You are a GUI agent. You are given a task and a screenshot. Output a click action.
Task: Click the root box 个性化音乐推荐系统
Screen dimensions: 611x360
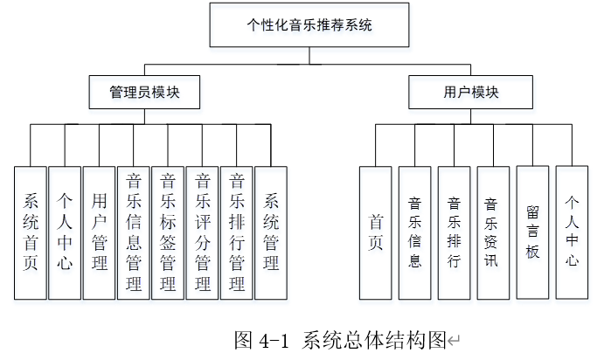pyautogui.click(x=309, y=25)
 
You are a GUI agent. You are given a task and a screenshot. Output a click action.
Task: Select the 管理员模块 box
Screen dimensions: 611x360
pyautogui.click(x=144, y=93)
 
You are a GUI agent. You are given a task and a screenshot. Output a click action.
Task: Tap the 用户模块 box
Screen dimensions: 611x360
pyautogui.click(x=471, y=93)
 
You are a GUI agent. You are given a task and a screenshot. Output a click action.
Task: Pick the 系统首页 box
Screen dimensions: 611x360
pyautogui.click(x=31, y=233)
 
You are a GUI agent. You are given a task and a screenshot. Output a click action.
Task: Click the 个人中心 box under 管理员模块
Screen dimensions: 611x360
pyautogui.click(x=65, y=233)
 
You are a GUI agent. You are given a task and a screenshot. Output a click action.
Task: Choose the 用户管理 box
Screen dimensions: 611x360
pyautogui.click(x=99, y=233)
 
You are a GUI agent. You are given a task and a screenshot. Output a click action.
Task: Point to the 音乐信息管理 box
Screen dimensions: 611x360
pyautogui.click(x=133, y=233)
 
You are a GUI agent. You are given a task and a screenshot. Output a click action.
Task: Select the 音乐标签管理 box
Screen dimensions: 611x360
pyautogui.click(x=168, y=233)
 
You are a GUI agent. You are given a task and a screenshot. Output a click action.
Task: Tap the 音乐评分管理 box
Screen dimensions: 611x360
pyautogui.click(x=202, y=233)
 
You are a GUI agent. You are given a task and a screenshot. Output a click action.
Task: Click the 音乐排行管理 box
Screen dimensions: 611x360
pyautogui.click(x=237, y=233)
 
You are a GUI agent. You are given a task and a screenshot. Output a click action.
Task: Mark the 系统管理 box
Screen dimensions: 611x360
pyautogui.click(x=271, y=233)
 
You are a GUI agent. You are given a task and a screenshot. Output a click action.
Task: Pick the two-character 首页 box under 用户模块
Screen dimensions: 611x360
pyautogui.click(x=376, y=233)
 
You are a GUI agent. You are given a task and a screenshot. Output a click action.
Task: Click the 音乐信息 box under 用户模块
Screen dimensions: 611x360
pyautogui.click(x=415, y=233)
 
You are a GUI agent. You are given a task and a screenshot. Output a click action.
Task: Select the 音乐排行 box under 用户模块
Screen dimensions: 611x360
pyautogui.click(x=455, y=233)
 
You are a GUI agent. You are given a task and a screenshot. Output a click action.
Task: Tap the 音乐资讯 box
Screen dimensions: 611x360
pyautogui.click(x=493, y=233)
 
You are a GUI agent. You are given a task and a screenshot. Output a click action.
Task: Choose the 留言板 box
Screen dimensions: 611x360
pyautogui.click(x=532, y=232)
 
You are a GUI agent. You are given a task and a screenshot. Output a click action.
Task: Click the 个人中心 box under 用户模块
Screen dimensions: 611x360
pyautogui.click(x=572, y=232)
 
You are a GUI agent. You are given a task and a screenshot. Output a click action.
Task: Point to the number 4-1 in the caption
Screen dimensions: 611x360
pyautogui.click(x=274, y=341)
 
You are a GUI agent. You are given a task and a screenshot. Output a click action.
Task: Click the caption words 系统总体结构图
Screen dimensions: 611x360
pyautogui.click(x=374, y=340)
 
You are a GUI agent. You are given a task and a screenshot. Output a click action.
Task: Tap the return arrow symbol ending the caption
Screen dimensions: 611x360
pyautogui.click(x=454, y=341)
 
